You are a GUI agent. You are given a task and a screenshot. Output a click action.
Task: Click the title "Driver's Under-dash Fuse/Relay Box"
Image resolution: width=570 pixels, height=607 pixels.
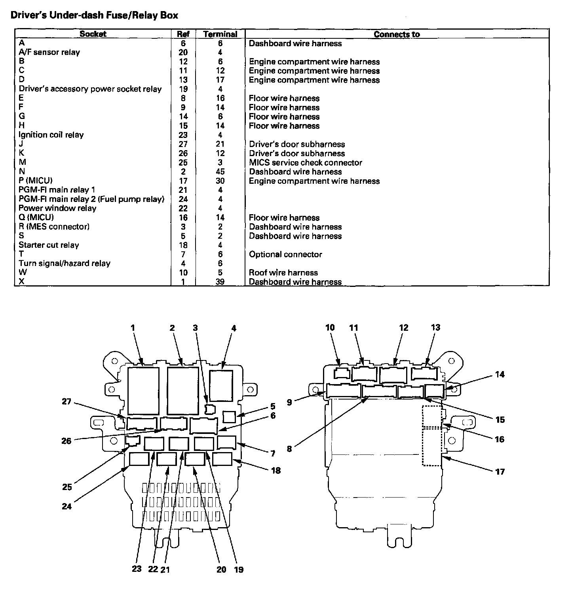94,15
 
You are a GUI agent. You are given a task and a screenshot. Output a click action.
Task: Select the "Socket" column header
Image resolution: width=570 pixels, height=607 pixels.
93,34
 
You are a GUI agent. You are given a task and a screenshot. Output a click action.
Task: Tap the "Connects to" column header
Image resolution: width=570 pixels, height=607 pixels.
397,34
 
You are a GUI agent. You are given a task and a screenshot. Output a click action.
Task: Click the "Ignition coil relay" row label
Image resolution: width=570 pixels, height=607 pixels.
51,135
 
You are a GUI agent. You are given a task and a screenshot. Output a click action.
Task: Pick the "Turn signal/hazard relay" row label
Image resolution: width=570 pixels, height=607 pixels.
65,263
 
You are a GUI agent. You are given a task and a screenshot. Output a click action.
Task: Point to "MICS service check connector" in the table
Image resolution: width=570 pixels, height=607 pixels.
306,162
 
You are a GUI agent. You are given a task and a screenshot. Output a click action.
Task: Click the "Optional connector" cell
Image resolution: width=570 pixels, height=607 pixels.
285,254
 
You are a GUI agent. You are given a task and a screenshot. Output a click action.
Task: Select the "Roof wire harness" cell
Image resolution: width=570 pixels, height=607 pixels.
283,273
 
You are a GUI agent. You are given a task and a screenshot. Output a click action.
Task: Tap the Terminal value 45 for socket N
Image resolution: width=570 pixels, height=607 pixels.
220,172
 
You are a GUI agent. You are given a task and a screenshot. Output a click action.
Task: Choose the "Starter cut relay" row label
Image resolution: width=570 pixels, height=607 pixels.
49,245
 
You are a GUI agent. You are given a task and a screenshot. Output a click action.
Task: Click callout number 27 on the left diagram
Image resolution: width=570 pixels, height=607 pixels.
66,402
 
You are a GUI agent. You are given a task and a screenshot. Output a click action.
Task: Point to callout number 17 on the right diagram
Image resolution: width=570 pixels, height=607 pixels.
500,471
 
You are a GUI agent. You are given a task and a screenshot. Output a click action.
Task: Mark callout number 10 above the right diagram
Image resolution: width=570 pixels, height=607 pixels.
330,327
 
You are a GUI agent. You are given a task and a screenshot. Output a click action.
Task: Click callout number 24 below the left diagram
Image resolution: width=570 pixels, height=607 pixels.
67,505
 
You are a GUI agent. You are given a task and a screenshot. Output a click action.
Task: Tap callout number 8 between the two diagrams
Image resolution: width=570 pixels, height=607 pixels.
289,449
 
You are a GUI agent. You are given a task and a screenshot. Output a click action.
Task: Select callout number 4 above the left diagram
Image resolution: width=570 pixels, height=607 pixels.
234,328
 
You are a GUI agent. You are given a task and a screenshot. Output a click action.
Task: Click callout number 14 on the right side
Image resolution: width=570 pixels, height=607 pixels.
500,374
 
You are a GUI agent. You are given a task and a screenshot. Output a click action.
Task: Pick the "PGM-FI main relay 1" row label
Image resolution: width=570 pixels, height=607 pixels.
57,190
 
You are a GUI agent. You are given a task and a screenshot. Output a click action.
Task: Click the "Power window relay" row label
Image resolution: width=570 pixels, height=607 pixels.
57,208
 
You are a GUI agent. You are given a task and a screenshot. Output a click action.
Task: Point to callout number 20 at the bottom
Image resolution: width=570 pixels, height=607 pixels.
221,569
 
